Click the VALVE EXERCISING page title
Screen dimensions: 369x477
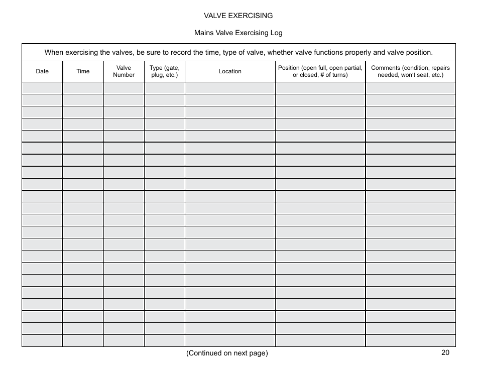click(238, 16)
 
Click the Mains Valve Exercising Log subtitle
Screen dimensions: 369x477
click(238, 33)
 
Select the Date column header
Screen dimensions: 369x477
click(42, 71)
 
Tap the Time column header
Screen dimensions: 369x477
click(83, 71)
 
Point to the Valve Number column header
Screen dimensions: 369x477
click(124, 71)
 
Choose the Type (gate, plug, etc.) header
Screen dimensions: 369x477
click(164, 71)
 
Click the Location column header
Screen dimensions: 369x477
click(230, 71)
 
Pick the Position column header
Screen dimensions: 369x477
click(320, 71)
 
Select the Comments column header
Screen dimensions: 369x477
click(410, 71)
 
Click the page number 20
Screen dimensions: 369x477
click(445, 352)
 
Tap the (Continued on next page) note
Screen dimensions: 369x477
click(227, 353)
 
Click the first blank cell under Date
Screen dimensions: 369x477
click(42, 88)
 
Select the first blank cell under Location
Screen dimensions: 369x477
click(230, 88)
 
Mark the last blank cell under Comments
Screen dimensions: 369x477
click(410, 341)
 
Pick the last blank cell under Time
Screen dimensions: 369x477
click(83, 341)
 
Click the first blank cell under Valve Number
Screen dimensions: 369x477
click(124, 88)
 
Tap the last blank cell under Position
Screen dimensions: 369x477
click(320, 341)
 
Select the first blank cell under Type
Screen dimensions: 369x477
click(164, 88)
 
